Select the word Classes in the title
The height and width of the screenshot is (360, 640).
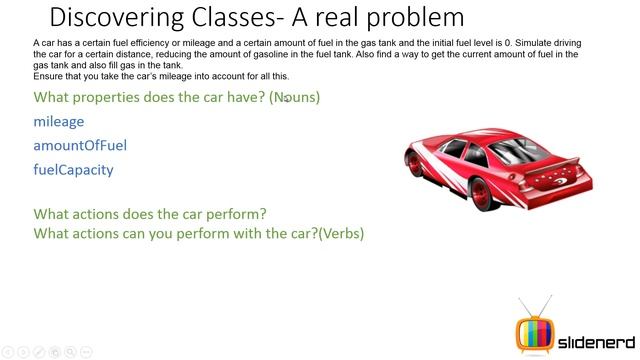click(x=237, y=17)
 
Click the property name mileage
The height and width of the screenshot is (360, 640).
click(x=59, y=121)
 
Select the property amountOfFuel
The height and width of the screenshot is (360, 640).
click(x=80, y=145)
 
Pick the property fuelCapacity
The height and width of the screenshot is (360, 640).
click(x=73, y=169)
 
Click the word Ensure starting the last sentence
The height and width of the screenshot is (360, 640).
click(x=48, y=76)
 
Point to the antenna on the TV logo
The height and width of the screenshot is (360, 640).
click(x=532, y=305)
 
